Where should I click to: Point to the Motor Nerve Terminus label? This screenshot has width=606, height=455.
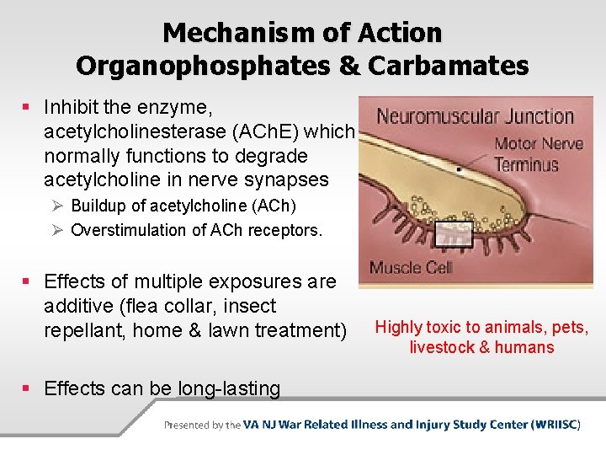(538, 153)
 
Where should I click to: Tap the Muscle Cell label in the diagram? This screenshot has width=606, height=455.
(411, 269)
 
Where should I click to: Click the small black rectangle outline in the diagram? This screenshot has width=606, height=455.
(454, 233)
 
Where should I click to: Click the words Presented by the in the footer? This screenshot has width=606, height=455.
(202, 426)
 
